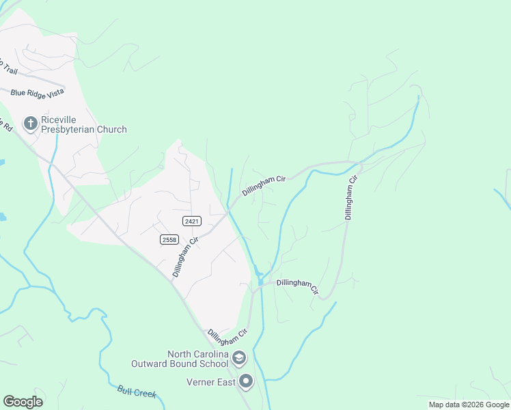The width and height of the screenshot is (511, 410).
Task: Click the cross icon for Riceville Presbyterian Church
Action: point(30,123)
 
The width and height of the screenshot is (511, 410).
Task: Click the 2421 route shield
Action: point(191,220)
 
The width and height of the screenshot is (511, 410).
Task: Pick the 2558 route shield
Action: point(169,238)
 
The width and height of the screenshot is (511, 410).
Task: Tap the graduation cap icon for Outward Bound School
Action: point(239,357)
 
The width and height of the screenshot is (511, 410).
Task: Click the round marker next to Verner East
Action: point(247,381)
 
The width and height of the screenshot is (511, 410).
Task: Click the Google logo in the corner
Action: point(23,402)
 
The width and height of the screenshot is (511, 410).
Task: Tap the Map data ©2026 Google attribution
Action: point(469,405)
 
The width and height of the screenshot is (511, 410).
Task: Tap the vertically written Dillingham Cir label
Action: point(350,197)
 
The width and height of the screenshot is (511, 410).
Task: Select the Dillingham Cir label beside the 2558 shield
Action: point(184,257)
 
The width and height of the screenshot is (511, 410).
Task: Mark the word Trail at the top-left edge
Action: point(8,66)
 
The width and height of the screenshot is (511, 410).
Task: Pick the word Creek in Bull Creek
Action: point(145,394)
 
